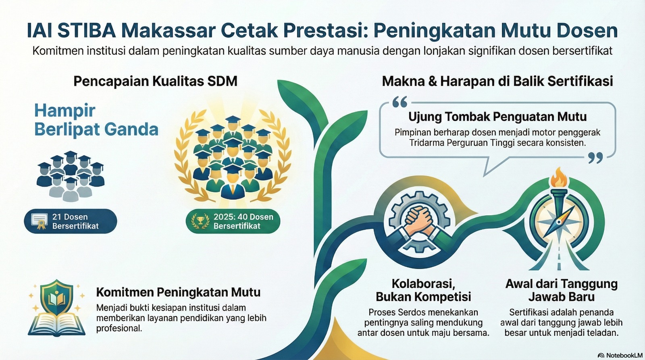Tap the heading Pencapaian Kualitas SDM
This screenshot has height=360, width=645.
click(x=155, y=81)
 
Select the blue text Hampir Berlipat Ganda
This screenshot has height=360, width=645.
click(x=96, y=120)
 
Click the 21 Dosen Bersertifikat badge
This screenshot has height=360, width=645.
click(x=71, y=221)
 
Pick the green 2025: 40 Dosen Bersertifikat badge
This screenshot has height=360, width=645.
click(x=233, y=221)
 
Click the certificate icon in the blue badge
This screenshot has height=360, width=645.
click(x=40, y=221)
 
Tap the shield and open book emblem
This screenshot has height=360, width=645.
click(x=57, y=308)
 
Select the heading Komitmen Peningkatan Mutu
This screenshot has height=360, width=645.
click(x=178, y=292)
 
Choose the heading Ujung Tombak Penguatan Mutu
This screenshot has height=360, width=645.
click(x=497, y=117)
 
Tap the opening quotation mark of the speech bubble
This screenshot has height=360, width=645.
click(x=400, y=102)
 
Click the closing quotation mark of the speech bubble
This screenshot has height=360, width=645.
click(x=595, y=158)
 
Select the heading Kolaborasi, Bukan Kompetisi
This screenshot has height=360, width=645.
click(x=423, y=290)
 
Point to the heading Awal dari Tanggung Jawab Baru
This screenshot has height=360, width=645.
click(x=561, y=290)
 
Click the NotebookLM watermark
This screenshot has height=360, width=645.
click(x=620, y=355)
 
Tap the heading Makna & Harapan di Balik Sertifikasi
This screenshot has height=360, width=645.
click(x=497, y=81)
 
